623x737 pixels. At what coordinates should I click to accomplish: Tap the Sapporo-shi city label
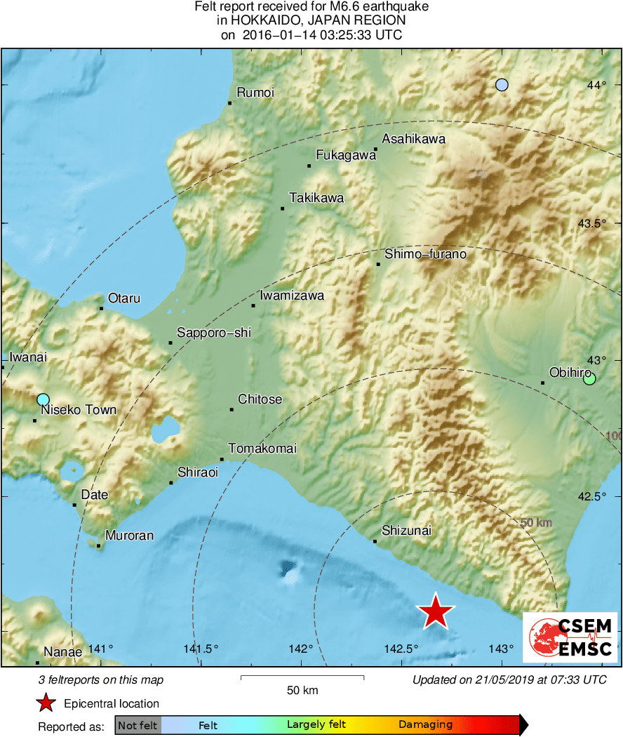213,333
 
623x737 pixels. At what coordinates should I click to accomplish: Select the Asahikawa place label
414,139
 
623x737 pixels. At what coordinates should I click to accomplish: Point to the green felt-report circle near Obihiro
589,379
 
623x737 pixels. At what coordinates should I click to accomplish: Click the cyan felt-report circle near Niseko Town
43,399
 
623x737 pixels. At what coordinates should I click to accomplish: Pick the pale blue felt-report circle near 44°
502,85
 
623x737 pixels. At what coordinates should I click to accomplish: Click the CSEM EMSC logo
570,637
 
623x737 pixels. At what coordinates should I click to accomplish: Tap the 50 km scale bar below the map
302,677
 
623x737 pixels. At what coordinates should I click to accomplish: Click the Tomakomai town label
262,449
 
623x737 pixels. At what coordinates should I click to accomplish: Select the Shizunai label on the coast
406,531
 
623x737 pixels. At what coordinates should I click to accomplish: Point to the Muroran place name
129,536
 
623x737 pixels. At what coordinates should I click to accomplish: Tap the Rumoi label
255,93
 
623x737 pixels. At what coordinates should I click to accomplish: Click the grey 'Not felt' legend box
138,724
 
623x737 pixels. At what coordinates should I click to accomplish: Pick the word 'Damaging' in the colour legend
426,724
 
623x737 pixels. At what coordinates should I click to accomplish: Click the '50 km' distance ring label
537,523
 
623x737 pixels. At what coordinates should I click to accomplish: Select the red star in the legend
46,703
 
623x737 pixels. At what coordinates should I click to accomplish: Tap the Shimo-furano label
425,254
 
